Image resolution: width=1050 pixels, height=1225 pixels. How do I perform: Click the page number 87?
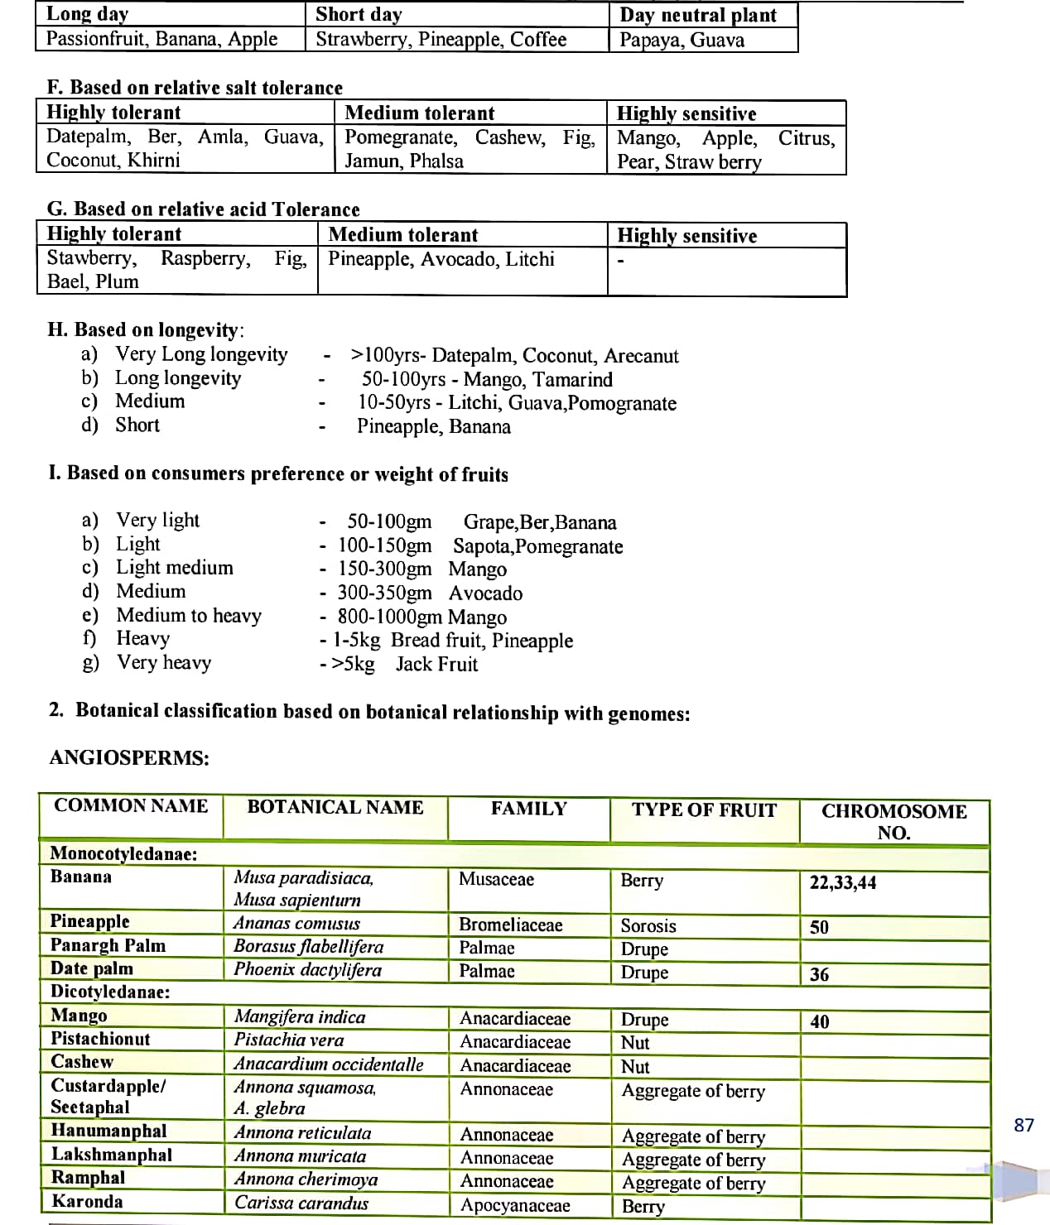[1024, 1125]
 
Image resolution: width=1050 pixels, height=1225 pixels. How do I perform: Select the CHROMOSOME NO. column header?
[893, 821]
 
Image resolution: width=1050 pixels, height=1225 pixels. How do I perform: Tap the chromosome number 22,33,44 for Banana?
[842, 882]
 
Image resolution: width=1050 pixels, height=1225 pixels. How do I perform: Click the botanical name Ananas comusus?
[296, 923]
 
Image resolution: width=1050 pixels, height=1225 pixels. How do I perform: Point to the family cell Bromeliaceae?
[510, 925]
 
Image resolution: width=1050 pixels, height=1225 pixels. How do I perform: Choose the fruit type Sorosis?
[648, 925]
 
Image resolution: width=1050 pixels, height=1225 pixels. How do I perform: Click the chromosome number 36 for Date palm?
[819, 974]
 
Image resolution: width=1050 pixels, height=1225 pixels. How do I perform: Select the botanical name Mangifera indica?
[299, 1016]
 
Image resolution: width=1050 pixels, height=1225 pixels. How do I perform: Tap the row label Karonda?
[87, 1202]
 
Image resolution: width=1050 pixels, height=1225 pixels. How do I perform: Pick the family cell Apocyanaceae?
[515, 1205]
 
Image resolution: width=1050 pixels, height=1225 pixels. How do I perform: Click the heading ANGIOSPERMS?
[129, 757]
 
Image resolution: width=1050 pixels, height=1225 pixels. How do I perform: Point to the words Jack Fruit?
[436, 664]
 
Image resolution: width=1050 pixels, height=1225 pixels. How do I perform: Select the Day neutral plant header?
[697, 15]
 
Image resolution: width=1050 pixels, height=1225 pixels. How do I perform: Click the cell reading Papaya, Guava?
[682, 40]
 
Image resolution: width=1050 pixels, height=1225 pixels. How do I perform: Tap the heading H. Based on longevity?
[146, 329]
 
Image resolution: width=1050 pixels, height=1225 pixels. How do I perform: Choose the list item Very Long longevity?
[201, 354]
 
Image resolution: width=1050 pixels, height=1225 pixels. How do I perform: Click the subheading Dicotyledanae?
[110, 992]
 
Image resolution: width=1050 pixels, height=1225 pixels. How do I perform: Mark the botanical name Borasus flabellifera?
[308, 946]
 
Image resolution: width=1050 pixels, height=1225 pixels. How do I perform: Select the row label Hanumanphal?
[108, 1131]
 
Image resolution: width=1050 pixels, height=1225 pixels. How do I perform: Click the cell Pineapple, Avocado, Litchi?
[441, 259]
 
